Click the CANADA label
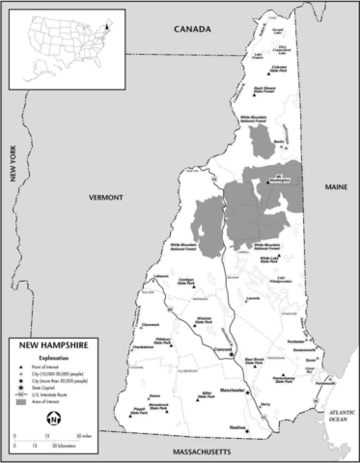tap(192, 31)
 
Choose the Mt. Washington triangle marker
tap(273, 177)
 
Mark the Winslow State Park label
tap(204, 318)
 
